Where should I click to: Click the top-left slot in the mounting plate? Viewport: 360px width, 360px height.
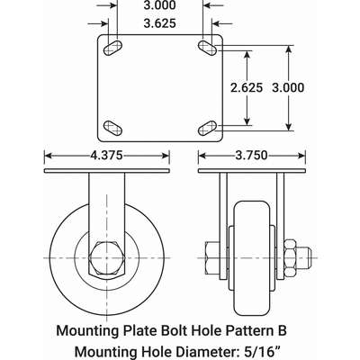(x=114, y=47)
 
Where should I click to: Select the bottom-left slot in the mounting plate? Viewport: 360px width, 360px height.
(x=114, y=126)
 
